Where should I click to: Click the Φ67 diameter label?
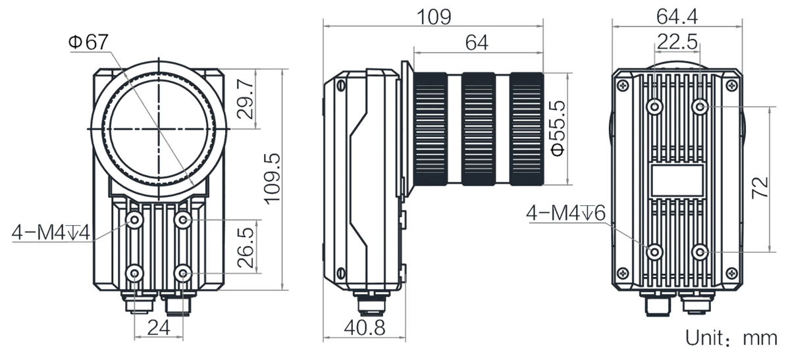pyautogui.click(x=88, y=42)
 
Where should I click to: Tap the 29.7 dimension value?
pyautogui.click(x=246, y=98)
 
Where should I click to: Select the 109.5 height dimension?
pyautogui.click(x=273, y=179)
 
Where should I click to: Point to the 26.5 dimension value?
pyautogui.click(x=246, y=247)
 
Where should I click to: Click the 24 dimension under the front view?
pyautogui.click(x=159, y=327)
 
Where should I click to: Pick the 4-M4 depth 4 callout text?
pyautogui.click(x=51, y=232)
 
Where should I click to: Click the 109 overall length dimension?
pyautogui.click(x=434, y=16)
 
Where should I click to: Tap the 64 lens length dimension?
pyautogui.click(x=477, y=43)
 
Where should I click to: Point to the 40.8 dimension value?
pyautogui.click(x=365, y=328)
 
